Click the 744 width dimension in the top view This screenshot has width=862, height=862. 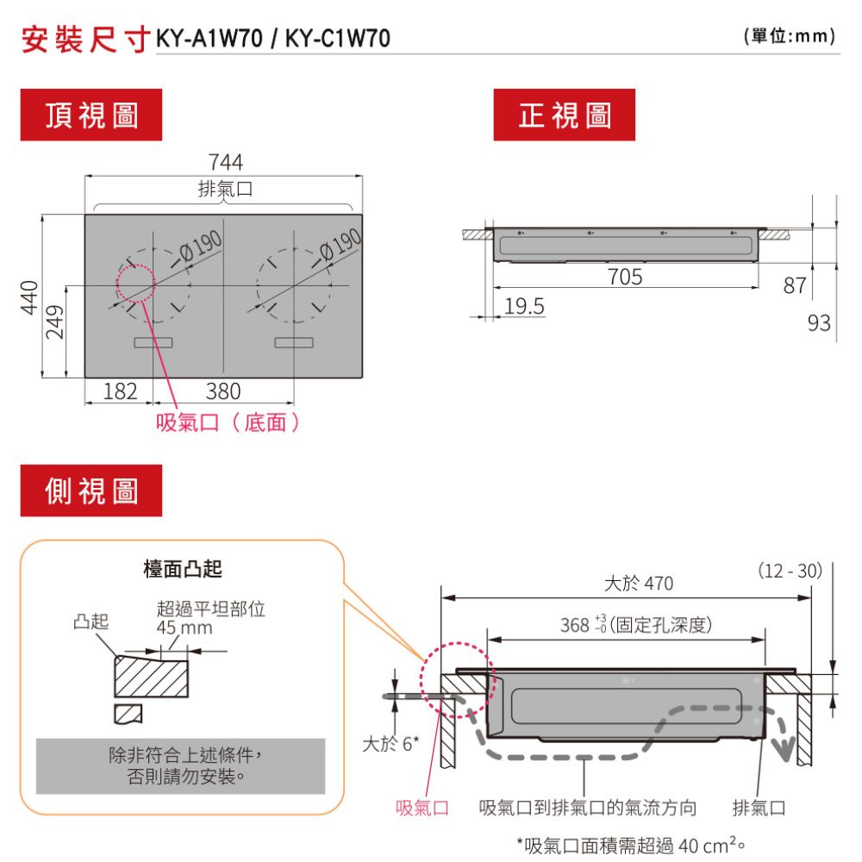coord(225,162)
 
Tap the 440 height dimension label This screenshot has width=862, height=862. coord(29,297)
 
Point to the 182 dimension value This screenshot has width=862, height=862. coord(120,391)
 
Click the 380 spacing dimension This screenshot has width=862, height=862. coord(224,391)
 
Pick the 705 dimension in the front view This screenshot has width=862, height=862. coord(625,277)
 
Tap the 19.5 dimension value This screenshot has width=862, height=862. coord(524,307)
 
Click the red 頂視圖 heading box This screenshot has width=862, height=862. coord(91,115)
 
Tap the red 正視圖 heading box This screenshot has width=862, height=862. coord(564,115)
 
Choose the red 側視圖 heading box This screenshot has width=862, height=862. coord(91,490)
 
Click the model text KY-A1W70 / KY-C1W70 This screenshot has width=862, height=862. coord(272,39)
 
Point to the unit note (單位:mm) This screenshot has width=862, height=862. coord(789,38)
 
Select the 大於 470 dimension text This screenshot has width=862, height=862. coord(638,584)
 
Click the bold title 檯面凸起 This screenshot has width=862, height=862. coord(182,569)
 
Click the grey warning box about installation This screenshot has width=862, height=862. coord(181,765)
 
